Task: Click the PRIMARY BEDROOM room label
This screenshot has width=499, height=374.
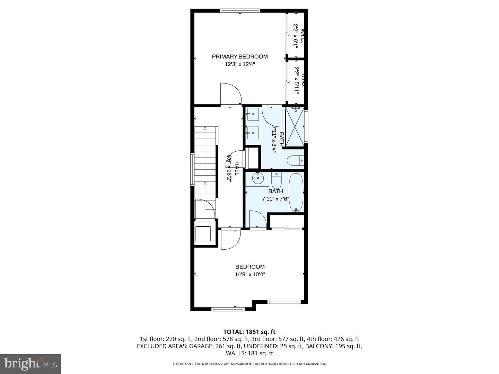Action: [240, 56]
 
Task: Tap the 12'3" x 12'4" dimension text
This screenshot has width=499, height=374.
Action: [240, 64]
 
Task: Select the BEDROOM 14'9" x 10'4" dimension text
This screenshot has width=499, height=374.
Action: [250, 274]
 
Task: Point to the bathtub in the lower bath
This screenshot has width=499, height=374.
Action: [296, 193]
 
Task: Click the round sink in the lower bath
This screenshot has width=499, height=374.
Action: [257, 179]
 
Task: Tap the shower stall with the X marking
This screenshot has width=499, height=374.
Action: [295, 127]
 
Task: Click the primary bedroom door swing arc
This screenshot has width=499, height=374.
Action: [230, 93]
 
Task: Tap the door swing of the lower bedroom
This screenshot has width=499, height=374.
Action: [230, 239]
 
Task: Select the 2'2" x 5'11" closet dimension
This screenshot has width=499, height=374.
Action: [296, 79]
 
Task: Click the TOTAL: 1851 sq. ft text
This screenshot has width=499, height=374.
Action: [249, 332]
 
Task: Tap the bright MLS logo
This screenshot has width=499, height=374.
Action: [30, 364]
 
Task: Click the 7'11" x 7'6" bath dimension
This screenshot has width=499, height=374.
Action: [275, 199]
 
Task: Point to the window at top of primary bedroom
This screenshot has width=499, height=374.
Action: [240, 11]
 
